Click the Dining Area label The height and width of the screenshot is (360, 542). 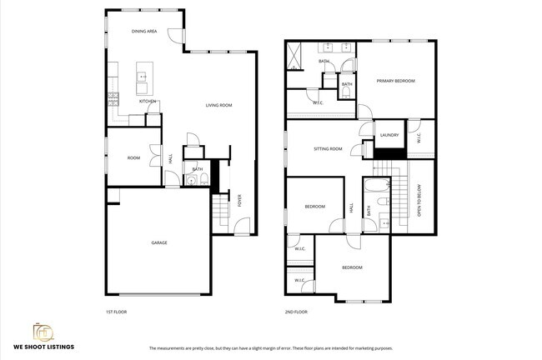click(x=145, y=31)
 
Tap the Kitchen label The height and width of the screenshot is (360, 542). click(x=148, y=102)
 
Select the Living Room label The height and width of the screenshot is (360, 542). click(x=219, y=105)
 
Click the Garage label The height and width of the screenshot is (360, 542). click(x=159, y=242)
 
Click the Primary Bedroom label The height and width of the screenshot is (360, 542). click(x=395, y=81)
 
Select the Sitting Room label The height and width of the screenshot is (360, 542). click(x=328, y=149)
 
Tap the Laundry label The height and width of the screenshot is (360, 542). click(x=389, y=135)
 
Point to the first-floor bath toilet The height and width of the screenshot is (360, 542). click(x=191, y=180)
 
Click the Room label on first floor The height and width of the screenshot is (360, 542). click(x=133, y=157)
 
